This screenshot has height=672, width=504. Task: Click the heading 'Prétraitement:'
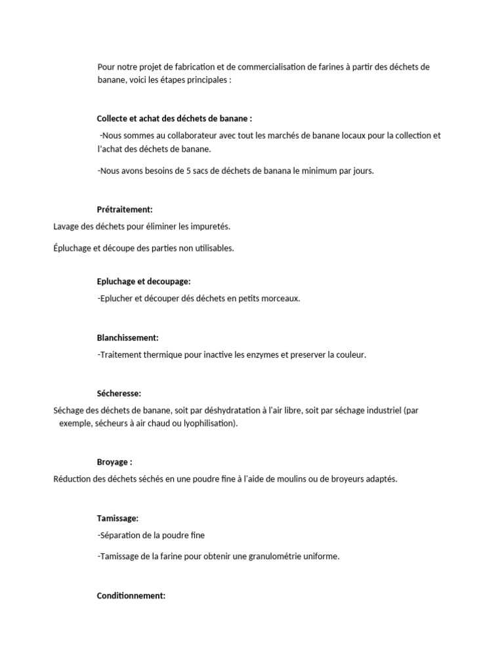(x=125, y=209)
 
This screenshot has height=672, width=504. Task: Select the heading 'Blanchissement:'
(x=128, y=337)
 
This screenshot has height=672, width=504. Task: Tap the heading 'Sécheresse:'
(x=119, y=394)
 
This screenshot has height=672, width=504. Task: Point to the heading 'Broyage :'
(x=114, y=462)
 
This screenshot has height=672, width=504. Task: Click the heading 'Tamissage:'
(x=117, y=518)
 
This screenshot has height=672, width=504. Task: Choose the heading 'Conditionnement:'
(x=131, y=596)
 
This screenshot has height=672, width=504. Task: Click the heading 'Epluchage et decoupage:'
(x=144, y=281)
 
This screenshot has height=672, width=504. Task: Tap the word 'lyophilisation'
(x=208, y=424)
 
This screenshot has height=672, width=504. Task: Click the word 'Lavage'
(x=66, y=226)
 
